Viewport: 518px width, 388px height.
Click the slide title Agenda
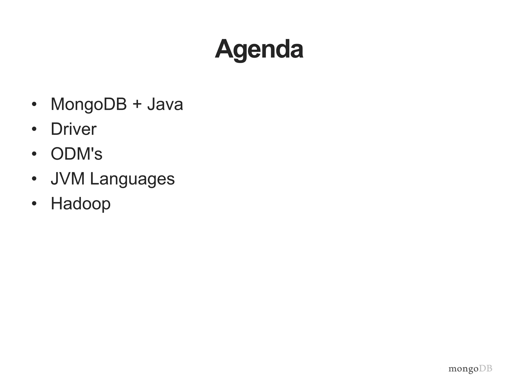(x=259, y=50)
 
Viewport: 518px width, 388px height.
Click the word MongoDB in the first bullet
(x=89, y=104)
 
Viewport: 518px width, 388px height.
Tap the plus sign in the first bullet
(x=137, y=104)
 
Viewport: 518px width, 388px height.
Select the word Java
(x=165, y=104)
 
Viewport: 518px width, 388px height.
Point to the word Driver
(x=73, y=129)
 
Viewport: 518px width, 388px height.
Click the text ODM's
(x=76, y=154)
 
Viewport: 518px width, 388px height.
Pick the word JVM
(x=68, y=179)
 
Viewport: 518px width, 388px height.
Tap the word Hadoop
(x=80, y=204)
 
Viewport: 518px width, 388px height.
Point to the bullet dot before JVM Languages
(x=34, y=179)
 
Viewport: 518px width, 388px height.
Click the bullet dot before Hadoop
(x=34, y=204)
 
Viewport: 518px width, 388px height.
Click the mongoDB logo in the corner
(x=470, y=369)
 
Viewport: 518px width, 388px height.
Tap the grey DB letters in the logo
(x=486, y=369)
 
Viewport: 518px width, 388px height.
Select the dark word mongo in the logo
(x=463, y=369)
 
